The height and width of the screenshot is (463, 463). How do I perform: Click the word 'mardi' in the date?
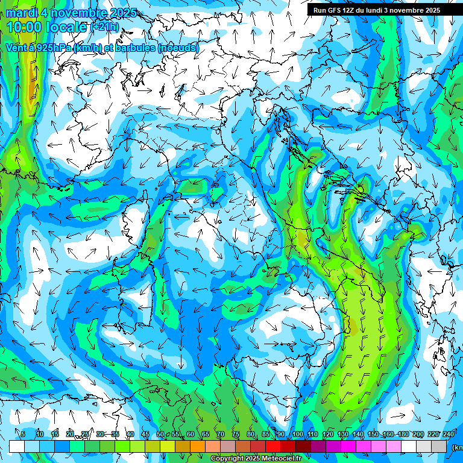pyautogui.click(x=22, y=13)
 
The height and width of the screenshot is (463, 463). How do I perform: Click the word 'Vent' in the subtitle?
pyautogui.click(x=16, y=48)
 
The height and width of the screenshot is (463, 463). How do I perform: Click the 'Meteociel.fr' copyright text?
pyautogui.click(x=278, y=459)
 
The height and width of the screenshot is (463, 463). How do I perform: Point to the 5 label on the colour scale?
pyautogui.click(x=23, y=435)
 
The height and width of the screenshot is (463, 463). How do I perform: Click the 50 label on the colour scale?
pyautogui.click(x=160, y=435)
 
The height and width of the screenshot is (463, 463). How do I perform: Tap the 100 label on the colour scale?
pyautogui.click(x=297, y=435)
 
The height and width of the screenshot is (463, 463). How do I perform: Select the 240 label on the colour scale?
pyautogui.click(x=449, y=435)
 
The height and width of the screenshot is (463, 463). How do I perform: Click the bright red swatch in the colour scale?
pyautogui.click(x=273, y=446)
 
